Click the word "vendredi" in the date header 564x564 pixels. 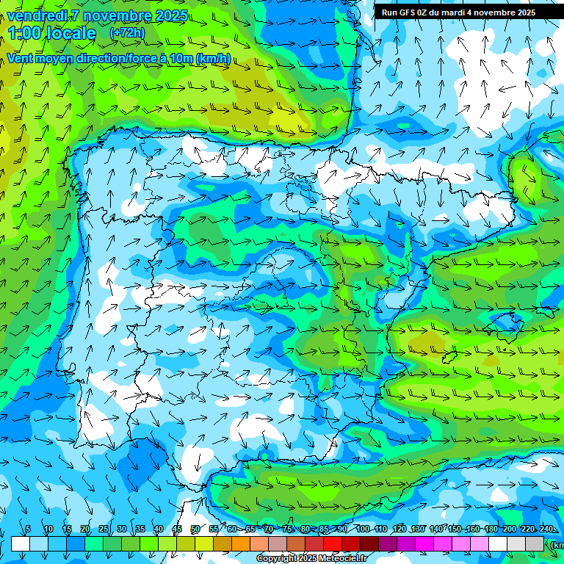[x=37, y=15]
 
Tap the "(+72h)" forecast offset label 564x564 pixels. [x=126, y=33]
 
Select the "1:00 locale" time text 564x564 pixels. [x=52, y=33]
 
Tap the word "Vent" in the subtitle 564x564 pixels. [x=21, y=59]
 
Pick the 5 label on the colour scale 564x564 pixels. [x=28, y=529]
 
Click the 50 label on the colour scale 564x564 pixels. [x=195, y=529]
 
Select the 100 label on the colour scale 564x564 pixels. [x=362, y=529]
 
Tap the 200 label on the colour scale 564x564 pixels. [x=510, y=529]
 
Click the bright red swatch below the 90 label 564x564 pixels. [x=333, y=544]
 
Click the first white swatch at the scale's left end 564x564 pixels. [x=21, y=544]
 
